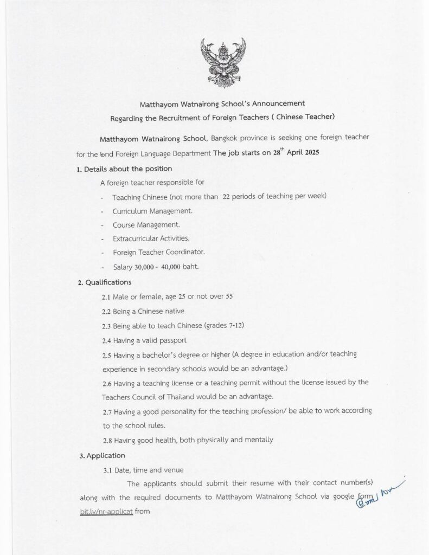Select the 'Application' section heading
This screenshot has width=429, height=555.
(105, 455)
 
